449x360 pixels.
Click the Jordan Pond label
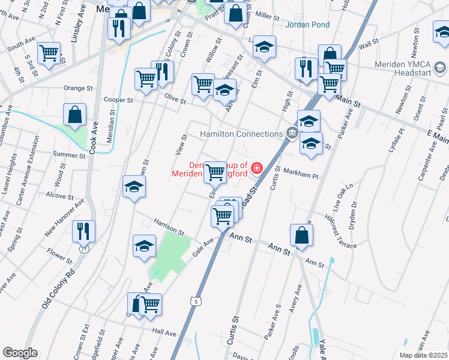click(x=308, y=25)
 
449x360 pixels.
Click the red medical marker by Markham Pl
click(x=257, y=167)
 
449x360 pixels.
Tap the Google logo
click(x=20, y=353)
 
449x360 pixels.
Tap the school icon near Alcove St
click(x=134, y=187)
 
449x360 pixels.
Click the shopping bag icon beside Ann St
click(x=301, y=235)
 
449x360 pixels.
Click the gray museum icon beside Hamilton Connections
click(x=292, y=133)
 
